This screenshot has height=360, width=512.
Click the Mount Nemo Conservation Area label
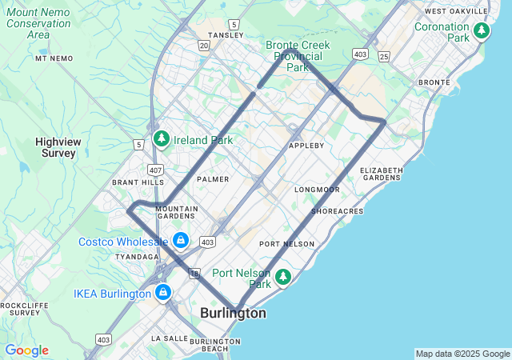point(38,23)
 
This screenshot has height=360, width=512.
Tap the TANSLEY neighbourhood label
point(219,35)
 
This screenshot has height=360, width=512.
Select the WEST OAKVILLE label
point(457,11)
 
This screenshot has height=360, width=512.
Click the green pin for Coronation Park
point(481,31)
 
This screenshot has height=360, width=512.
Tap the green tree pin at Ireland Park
point(161,139)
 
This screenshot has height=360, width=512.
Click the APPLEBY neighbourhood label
point(306,146)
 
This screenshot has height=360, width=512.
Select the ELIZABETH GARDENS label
point(382,174)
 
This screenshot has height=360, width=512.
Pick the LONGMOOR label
point(317,190)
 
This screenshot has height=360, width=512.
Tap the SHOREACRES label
point(337,211)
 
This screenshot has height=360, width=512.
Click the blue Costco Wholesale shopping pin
point(181,240)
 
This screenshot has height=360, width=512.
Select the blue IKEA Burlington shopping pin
point(163,293)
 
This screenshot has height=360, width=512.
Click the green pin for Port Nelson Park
point(282,277)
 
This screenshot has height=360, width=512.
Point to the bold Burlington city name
point(234,314)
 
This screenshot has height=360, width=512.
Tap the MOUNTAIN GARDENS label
point(176,212)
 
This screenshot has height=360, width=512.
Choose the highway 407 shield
point(154,170)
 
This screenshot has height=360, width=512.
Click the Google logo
point(26,350)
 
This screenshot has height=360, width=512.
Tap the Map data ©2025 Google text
point(462,354)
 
